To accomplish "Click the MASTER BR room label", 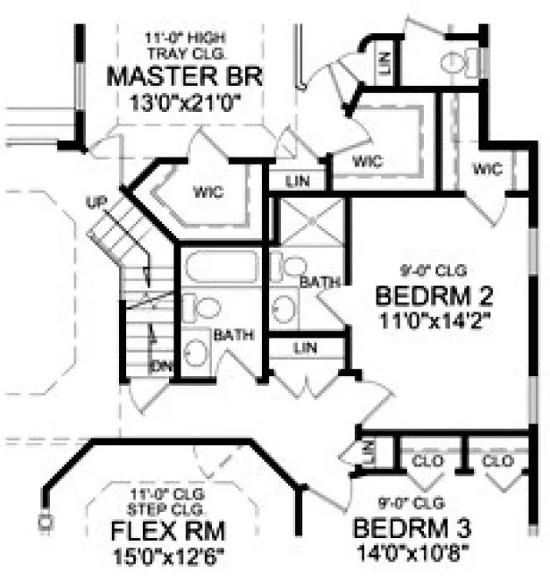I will [x=184, y=76].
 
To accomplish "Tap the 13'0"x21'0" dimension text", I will [x=184, y=101].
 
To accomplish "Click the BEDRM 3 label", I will [x=412, y=528].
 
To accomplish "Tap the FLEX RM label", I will [x=166, y=531].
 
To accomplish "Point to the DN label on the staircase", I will [x=162, y=364].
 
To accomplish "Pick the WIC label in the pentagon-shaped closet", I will [x=208, y=192].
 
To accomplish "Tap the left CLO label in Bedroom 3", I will [x=426, y=460].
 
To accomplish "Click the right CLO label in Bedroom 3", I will [x=497, y=460].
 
